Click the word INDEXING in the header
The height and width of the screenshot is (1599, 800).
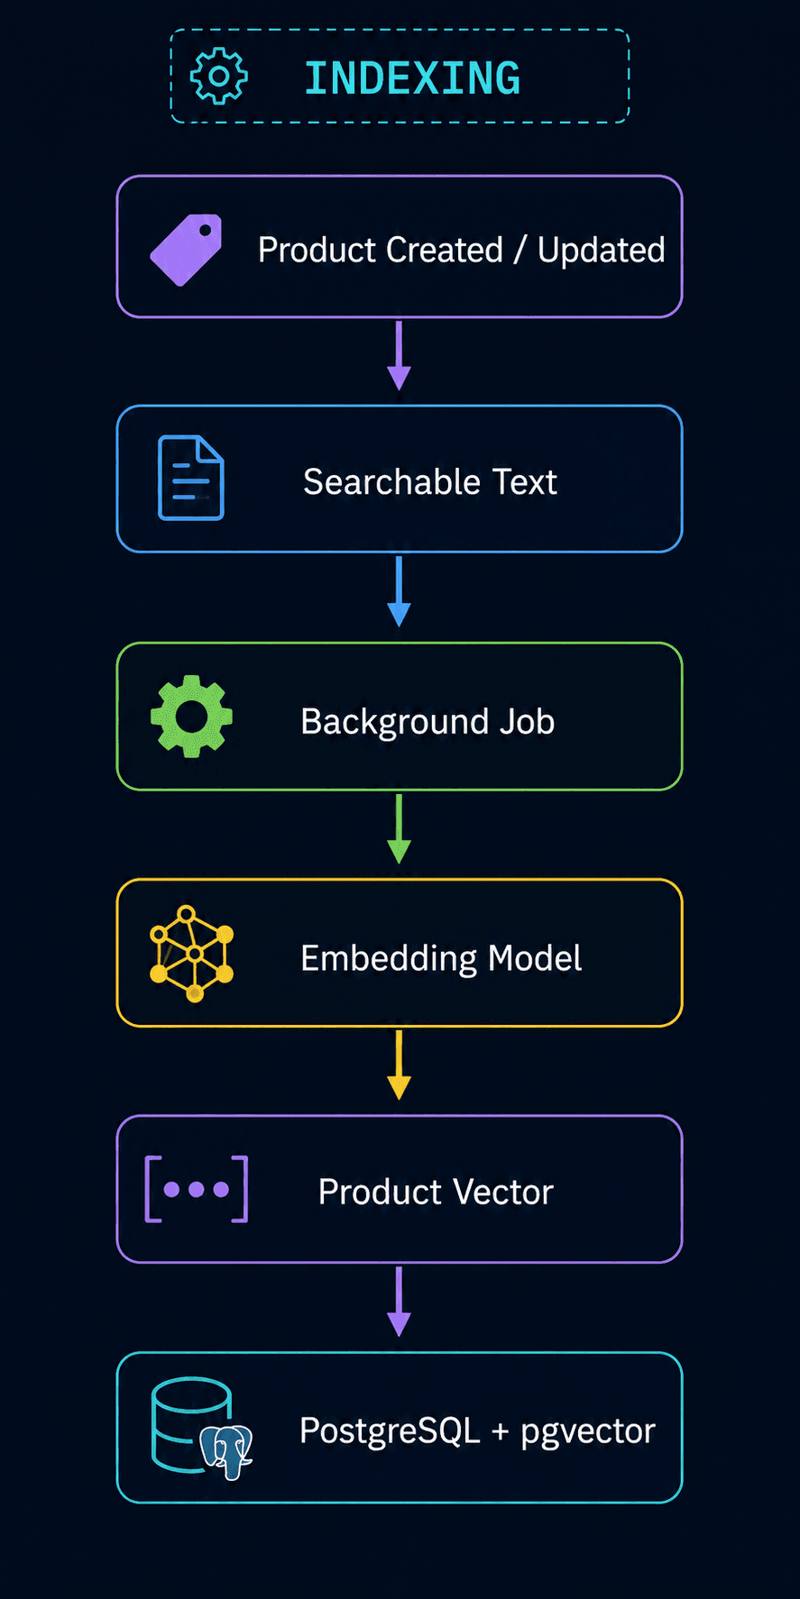[412, 78]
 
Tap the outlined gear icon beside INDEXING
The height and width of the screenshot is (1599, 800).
[218, 77]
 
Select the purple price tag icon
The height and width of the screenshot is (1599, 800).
[186, 250]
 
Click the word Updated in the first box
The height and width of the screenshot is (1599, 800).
[602, 251]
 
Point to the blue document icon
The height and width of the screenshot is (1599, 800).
[191, 478]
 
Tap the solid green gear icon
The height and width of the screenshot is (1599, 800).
[191, 717]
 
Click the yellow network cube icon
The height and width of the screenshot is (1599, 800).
[191, 954]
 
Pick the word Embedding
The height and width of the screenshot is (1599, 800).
[390, 958]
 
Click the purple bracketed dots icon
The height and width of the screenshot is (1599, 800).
[197, 1189]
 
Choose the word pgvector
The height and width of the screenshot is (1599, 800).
[588, 1431]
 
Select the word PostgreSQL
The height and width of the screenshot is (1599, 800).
[390, 1430]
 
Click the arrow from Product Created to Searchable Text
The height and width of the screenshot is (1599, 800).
[399, 356]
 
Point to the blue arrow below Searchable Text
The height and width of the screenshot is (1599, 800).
[399, 591]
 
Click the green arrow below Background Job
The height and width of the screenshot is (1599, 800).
[399, 828]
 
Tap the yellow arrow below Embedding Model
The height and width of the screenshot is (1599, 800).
[399, 1064]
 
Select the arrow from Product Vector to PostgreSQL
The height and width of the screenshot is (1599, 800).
[399, 1301]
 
